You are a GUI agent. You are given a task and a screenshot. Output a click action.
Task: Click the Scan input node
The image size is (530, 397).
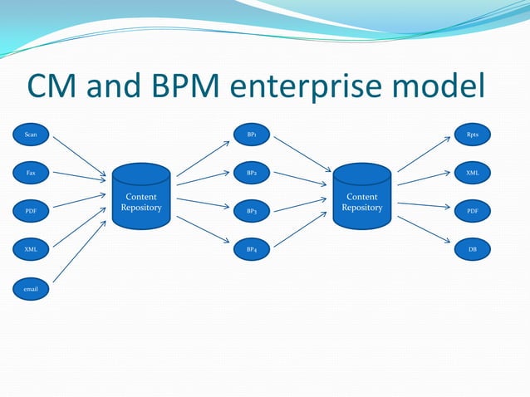coord(31,134)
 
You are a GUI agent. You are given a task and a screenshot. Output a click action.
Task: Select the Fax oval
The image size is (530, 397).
coord(31,173)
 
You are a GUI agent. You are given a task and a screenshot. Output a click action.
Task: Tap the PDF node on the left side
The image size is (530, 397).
coord(31,211)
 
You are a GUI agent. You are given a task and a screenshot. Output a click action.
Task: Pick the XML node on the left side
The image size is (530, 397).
coord(31,249)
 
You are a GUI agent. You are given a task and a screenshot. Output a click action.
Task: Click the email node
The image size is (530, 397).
coord(31,290)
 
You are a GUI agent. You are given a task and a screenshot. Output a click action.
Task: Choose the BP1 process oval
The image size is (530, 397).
coord(252,134)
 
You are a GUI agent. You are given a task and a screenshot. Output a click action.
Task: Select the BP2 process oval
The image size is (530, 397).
coord(252,173)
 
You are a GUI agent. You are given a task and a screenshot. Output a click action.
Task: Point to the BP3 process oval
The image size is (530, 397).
coord(252,211)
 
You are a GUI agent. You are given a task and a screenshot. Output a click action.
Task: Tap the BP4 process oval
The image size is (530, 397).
coord(252,249)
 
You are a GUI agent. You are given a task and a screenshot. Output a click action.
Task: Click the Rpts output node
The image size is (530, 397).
coord(473,134)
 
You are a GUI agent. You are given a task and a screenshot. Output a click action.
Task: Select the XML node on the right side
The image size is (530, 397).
coord(473,173)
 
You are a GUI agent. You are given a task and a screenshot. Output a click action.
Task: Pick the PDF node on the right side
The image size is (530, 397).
coord(473,211)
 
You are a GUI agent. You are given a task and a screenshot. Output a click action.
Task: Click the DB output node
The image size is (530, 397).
coord(473,249)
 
